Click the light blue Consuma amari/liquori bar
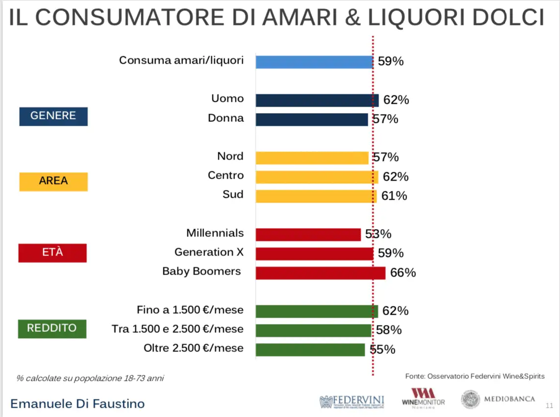click(x=314, y=62)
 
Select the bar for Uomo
click(x=317, y=100)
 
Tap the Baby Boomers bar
click(x=320, y=273)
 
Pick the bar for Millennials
click(x=308, y=234)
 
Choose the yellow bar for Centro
click(x=317, y=177)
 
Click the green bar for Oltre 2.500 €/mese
click(x=310, y=349)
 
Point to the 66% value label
click(x=403, y=273)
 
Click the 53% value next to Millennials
click(x=378, y=234)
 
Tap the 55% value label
click(x=382, y=349)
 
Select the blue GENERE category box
click(x=53, y=116)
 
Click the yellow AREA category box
click(x=53, y=181)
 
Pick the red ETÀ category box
click(x=52, y=253)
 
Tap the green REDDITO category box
click(x=52, y=328)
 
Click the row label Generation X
click(x=209, y=253)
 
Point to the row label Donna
click(x=226, y=118)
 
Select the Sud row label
click(x=233, y=194)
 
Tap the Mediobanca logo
click(x=498, y=399)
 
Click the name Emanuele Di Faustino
click(x=77, y=404)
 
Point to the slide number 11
click(x=549, y=406)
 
